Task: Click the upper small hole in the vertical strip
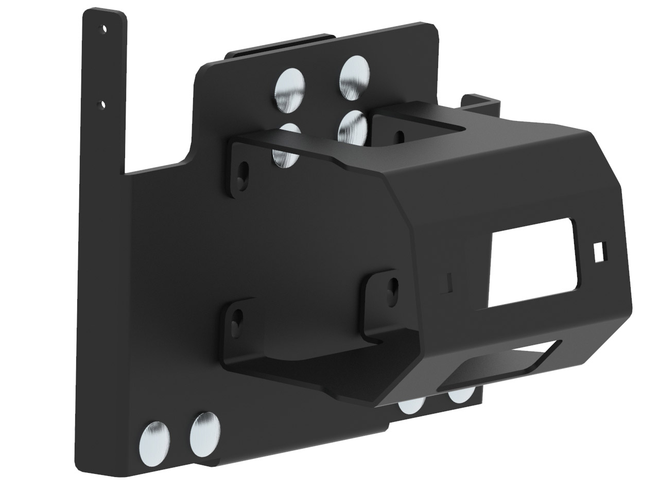(x=105, y=29)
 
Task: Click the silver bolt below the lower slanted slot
(x=461, y=395)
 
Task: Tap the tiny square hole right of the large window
(x=599, y=251)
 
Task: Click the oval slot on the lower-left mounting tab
(x=238, y=319)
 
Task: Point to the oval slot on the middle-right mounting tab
(x=394, y=288)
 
